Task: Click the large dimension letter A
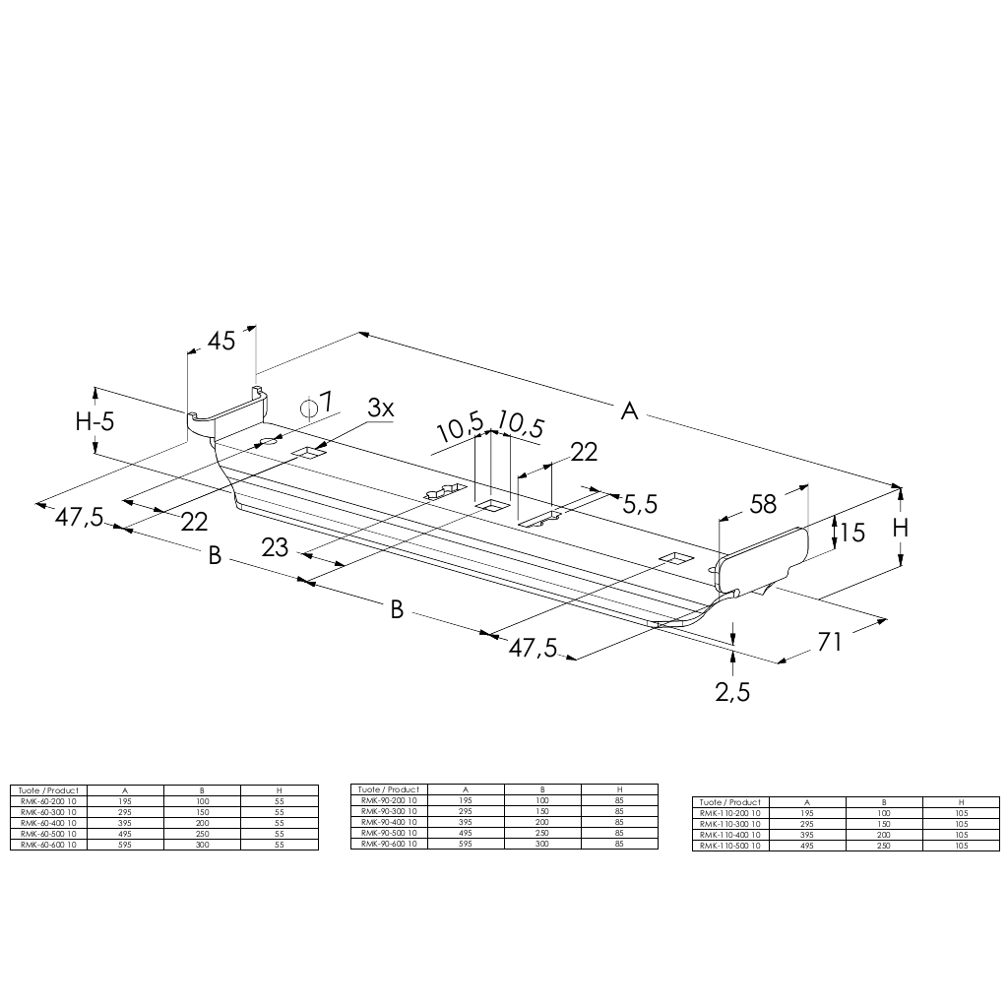pos(629,411)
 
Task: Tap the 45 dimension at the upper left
pos(221,341)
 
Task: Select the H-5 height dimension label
pos(95,422)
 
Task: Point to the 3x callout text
pos(381,408)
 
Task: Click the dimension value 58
pos(763,504)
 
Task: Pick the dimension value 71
pos(831,642)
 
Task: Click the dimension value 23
pos(276,547)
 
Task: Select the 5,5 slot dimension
pos(640,504)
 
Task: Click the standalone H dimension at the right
pos(901,528)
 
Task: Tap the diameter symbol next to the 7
pos(309,406)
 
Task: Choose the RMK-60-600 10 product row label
pos(48,845)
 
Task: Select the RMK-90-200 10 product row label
pos(389,800)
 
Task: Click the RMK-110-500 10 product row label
pos(729,846)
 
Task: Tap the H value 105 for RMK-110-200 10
pos(961,813)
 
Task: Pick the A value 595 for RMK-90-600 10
pos(466,844)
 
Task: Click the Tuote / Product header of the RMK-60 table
pos(48,789)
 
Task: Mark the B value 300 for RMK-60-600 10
pos(202,845)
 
